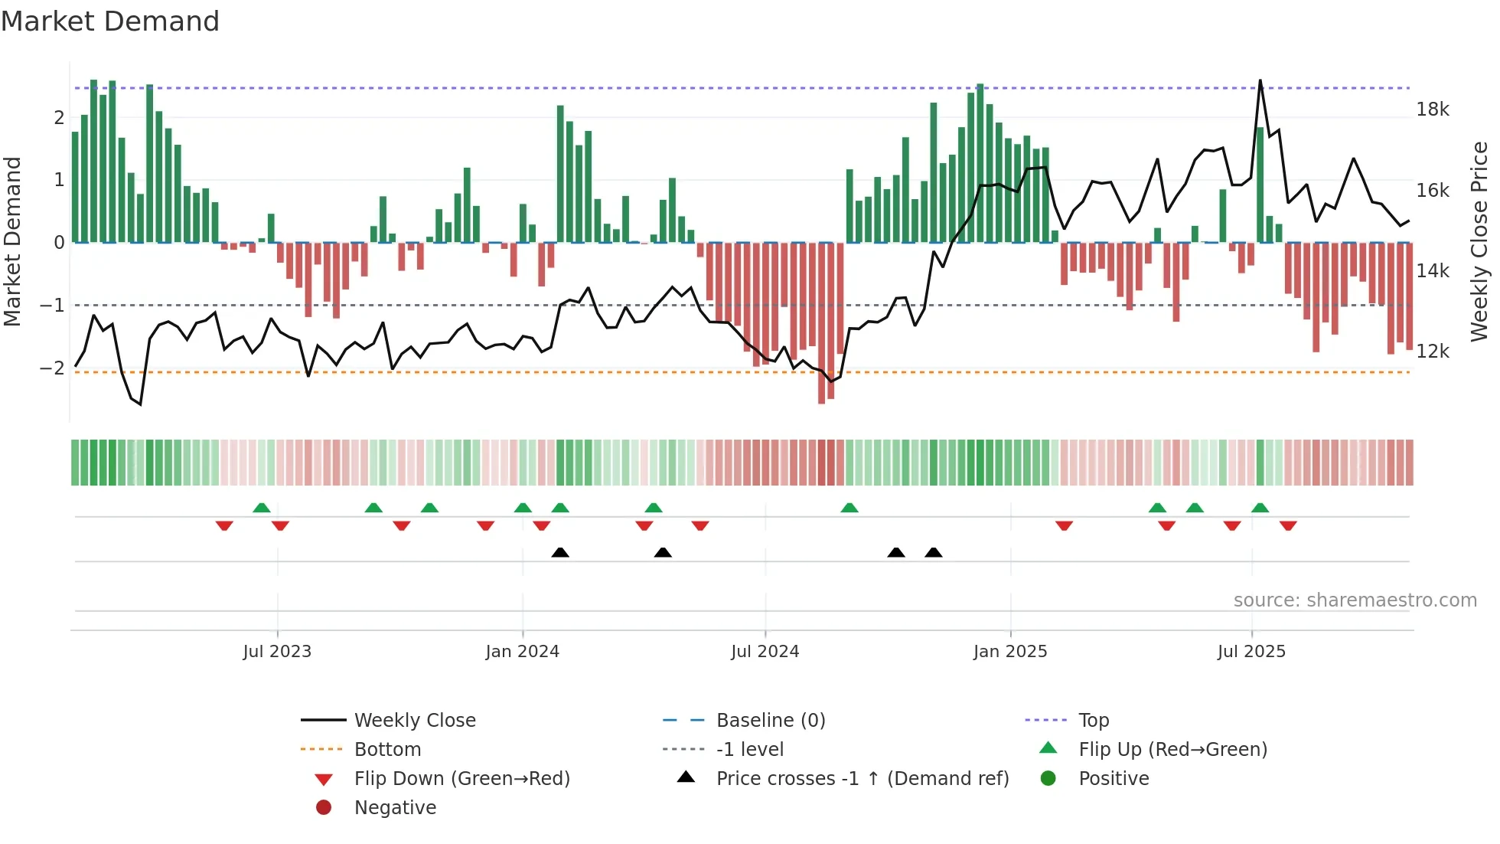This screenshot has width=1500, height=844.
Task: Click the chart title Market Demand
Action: tap(110, 21)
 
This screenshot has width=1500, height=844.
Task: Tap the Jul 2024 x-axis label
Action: tap(765, 652)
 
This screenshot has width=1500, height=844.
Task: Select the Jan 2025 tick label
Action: tap(1009, 652)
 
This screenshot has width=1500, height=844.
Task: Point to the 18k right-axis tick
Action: tap(1432, 110)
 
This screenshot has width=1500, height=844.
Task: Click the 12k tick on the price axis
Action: tap(1432, 352)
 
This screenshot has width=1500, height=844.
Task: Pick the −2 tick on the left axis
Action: tap(52, 368)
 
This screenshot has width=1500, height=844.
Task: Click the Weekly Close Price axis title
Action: tap(1479, 241)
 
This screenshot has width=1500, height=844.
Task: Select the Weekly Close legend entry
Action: tap(414, 721)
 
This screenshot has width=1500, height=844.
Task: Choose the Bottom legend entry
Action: tap(387, 750)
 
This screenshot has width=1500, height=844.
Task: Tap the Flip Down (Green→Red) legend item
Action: tap(461, 779)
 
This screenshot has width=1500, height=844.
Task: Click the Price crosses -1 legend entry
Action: tap(862, 779)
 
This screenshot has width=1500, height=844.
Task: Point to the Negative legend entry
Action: tap(395, 808)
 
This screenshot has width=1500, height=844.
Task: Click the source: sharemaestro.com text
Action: tap(1355, 600)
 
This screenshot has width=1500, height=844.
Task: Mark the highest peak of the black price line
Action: tap(1260, 80)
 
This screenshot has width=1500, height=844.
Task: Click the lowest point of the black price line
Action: tap(141, 404)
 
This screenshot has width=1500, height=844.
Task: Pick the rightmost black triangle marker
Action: tap(933, 552)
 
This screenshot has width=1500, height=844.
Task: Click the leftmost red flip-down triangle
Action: tap(224, 526)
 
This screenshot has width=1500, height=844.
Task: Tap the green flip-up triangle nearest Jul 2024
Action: tap(849, 508)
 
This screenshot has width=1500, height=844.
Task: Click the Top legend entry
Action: tap(1093, 721)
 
